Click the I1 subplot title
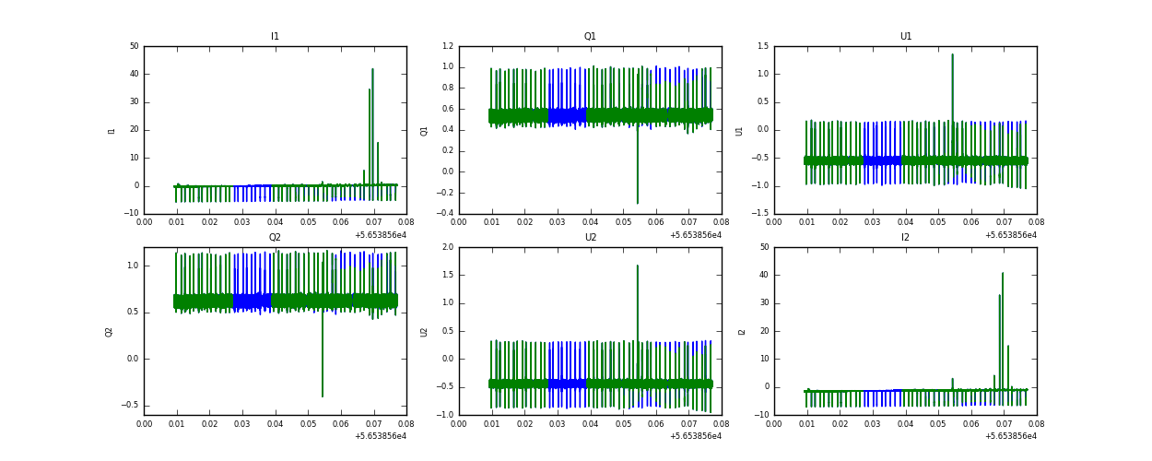(x=275, y=37)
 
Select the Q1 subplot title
(x=590, y=37)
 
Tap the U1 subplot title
(x=905, y=37)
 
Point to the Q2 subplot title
(x=275, y=238)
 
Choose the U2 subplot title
(x=590, y=238)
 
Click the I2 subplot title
(x=905, y=238)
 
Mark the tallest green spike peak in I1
(x=372, y=69)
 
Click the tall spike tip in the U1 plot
(x=952, y=54)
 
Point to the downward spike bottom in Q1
(x=637, y=203)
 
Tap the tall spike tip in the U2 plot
(x=637, y=266)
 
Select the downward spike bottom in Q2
(x=322, y=396)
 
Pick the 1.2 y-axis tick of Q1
(x=448, y=46)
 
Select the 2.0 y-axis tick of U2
(x=448, y=247)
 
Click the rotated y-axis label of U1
(x=739, y=130)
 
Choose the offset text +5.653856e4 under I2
(x=1010, y=436)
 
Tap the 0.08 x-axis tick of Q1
(x=721, y=222)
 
